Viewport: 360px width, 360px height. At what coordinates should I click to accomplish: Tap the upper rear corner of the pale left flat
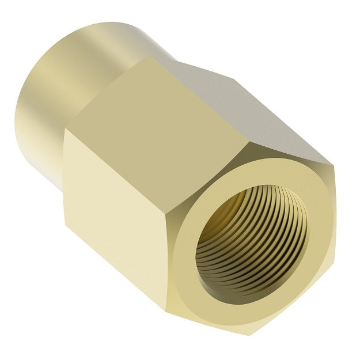click(63, 130)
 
